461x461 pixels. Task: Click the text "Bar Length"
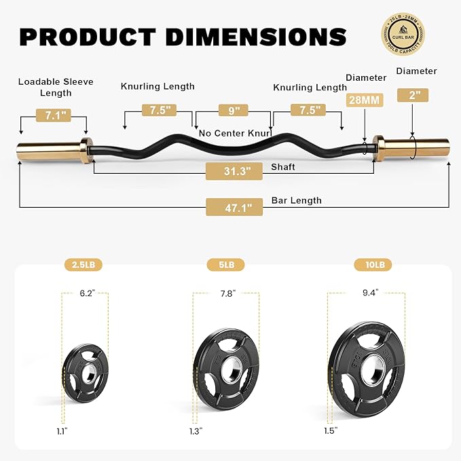pos(296,200)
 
